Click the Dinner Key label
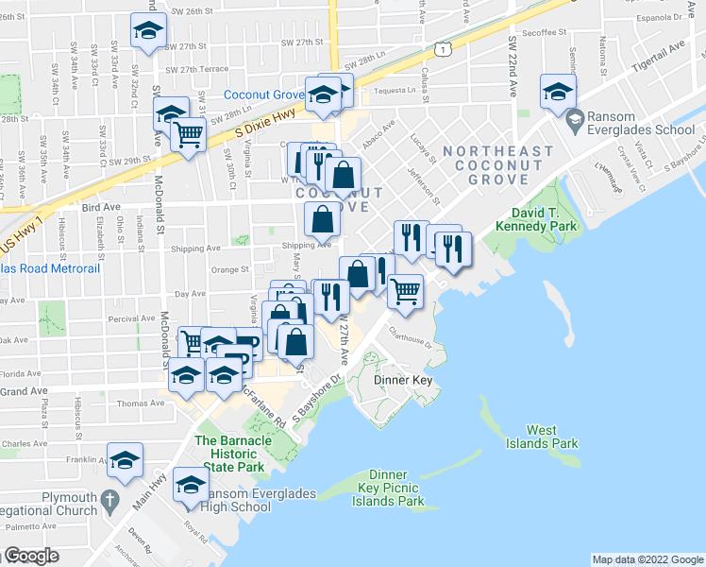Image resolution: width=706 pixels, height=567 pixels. [x=403, y=380]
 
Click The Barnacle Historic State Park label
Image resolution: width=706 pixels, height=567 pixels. [x=229, y=454]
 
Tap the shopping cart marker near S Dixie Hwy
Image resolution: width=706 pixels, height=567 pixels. [x=189, y=136]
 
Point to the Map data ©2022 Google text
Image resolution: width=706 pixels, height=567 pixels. [x=647, y=559]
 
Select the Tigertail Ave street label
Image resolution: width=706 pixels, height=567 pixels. [x=656, y=50]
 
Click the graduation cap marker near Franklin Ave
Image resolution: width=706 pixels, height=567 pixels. [x=125, y=460]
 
